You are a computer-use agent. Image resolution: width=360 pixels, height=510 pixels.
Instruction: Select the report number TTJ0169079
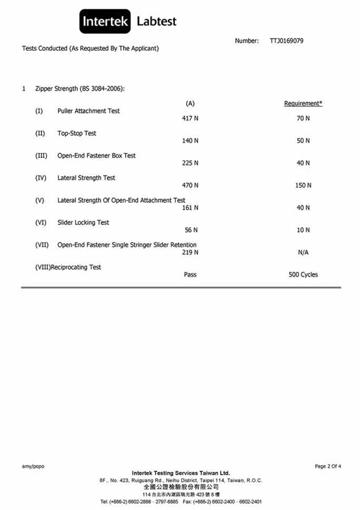pyautogui.click(x=287, y=41)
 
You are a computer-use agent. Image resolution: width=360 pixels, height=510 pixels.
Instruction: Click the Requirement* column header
pyautogui.click(x=303, y=103)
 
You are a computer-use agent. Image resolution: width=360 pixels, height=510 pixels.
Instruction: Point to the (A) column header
pyautogui.click(x=190, y=103)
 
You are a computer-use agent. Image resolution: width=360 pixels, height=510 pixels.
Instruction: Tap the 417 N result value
pyautogui.click(x=190, y=119)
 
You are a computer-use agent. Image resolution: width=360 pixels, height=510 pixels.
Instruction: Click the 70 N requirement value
pyautogui.click(x=303, y=119)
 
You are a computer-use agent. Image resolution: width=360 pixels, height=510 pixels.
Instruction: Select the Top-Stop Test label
pyautogui.click(x=77, y=133)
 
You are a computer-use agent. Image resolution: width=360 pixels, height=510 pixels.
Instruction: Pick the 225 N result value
pyautogui.click(x=190, y=163)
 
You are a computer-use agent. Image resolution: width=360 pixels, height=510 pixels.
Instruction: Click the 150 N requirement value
pyautogui.click(x=303, y=185)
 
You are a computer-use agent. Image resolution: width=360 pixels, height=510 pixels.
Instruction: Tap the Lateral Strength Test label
pyautogui.click(x=86, y=178)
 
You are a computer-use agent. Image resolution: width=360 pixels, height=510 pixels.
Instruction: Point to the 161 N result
pyautogui.click(x=190, y=207)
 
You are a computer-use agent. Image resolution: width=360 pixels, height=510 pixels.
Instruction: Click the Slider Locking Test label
pyautogui.click(x=83, y=222)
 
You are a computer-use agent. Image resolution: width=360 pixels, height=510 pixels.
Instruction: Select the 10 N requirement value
pyautogui.click(x=303, y=230)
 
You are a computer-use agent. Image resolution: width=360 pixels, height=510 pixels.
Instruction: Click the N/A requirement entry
pyautogui.click(x=303, y=252)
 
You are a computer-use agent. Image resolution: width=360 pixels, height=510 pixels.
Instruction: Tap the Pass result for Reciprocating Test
pyautogui.click(x=190, y=275)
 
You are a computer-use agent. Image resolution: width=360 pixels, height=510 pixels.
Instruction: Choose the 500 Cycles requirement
pyautogui.click(x=303, y=275)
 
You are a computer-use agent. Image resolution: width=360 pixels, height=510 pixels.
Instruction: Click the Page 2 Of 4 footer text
pyautogui.click(x=328, y=466)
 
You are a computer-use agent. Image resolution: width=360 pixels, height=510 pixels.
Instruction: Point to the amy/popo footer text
pyautogui.click(x=33, y=466)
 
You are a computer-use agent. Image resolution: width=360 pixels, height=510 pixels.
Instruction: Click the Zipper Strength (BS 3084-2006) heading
pyautogui.click(x=80, y=89)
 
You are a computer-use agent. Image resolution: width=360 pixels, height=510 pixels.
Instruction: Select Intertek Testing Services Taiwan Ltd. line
pyautogui.click(x=181, y=473)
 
